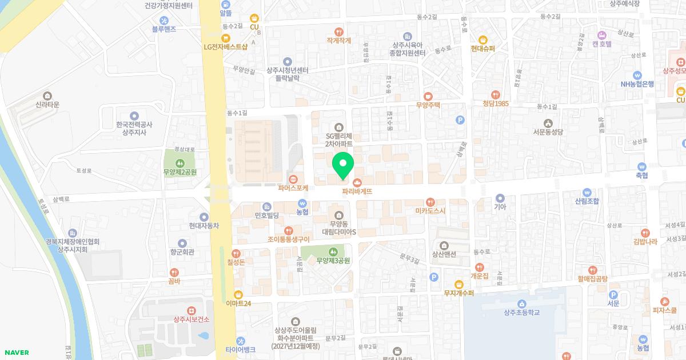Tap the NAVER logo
(15, 353)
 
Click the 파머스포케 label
(293, 187)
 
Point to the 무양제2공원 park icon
(180, 162)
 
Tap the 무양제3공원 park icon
(333, 251)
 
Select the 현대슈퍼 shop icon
(482, 39)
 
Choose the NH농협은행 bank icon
(637, 75)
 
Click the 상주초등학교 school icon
(521, 303)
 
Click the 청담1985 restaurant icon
(495, 94)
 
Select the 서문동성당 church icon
(548, 123)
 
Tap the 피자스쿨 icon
(664, 302)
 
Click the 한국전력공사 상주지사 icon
(134, 115)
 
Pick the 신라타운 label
(47, 105)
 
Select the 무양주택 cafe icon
(428, 96)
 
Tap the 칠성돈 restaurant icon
(236, 253)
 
